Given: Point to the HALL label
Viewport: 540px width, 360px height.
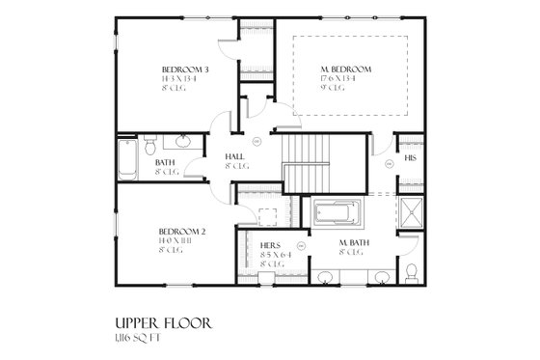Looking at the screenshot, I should click(233, 155).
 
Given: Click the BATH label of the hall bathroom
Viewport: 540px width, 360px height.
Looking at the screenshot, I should click(165, 163).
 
